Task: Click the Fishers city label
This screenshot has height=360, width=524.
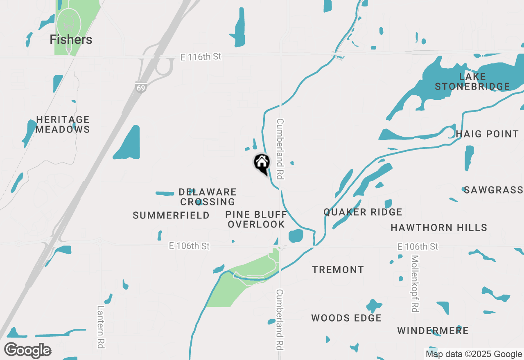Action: click(71, 40)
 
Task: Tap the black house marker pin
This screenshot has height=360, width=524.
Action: click(262, 163)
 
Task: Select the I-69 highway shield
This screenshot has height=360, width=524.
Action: click(141, 87)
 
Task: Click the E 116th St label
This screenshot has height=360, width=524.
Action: click(201, 57)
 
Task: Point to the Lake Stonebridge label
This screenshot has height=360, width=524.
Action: click(472, 81)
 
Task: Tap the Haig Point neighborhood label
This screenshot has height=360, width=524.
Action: click(487, 134)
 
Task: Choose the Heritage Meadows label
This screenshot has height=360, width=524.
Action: click(63, 124)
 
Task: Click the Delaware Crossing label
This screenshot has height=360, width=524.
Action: click(208, 197)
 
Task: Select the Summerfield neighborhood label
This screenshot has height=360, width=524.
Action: click(171, 215)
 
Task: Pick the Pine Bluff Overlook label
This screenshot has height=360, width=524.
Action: click(256, 219)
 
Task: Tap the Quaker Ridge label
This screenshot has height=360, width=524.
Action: click(363, 212)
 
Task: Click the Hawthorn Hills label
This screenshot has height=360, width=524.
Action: click(439, 227)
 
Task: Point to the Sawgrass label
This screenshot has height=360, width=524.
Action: click(493, 190)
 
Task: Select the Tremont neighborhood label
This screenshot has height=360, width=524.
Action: click(338, 270)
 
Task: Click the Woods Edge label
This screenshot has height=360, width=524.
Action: click(346, 318)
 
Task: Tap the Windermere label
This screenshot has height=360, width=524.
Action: click(433, 331)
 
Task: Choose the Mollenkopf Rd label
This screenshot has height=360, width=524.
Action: click(415, 284)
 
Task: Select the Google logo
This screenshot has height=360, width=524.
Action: click(27, 350)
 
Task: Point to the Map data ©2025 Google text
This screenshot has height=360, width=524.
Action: click(474, 354)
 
